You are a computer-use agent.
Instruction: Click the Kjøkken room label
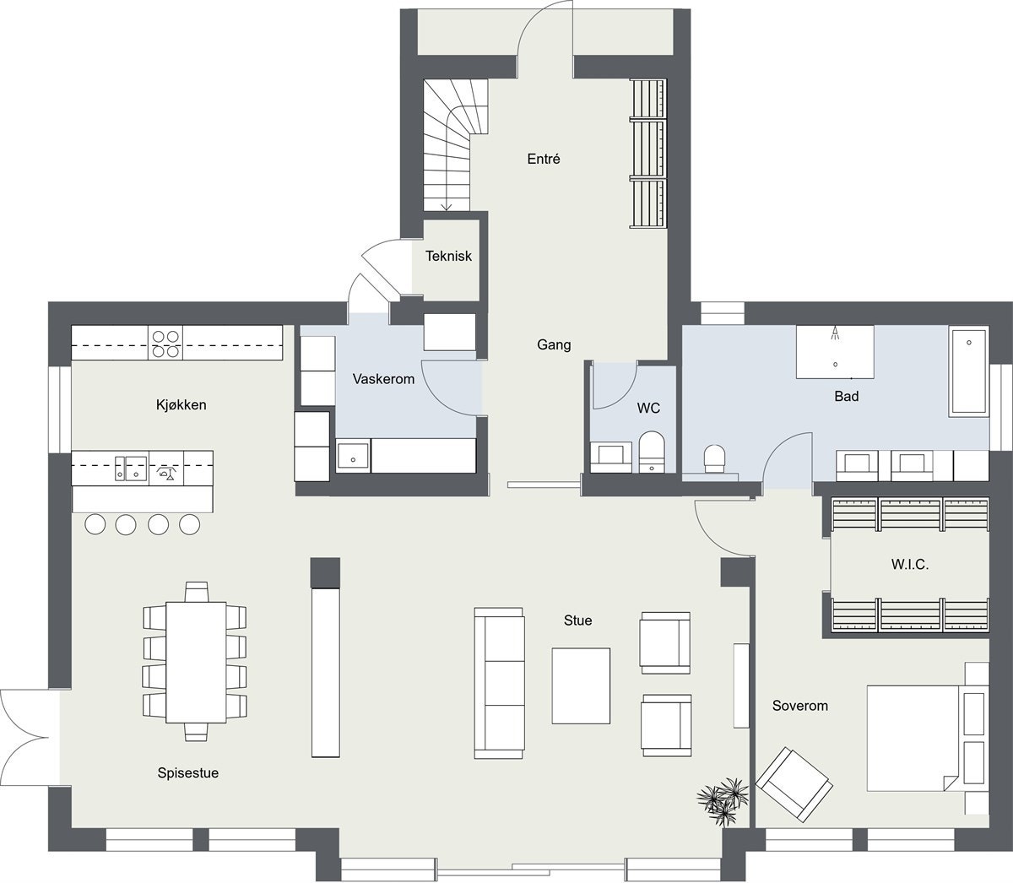[181, 405]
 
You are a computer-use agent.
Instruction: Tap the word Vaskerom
[383, 379]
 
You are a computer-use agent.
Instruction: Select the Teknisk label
[448, 256]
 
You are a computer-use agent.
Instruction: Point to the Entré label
[544, 159]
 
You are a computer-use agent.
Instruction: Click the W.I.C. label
[909, 565]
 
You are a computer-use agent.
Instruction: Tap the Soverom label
[799, 706]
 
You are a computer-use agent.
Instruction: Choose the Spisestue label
[187, 772]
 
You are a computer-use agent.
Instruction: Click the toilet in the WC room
[652, 451]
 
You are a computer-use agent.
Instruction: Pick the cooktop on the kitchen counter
[165, 343]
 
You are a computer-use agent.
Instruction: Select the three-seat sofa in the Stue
[499, 682]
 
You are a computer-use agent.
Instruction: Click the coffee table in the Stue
[581, 685]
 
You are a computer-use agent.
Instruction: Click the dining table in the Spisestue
[197, 661]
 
